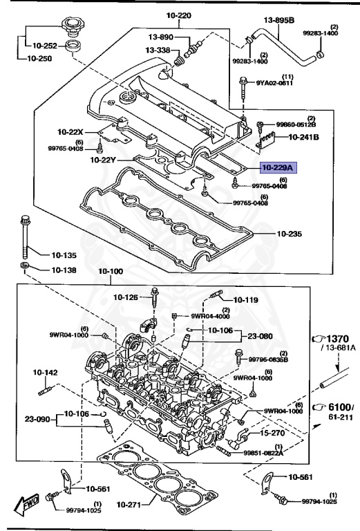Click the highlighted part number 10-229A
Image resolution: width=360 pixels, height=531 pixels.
[x=276, y=167]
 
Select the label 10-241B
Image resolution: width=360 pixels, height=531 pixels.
[x=303, y=137]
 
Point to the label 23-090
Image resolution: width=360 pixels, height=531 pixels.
[x=38, y=418]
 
